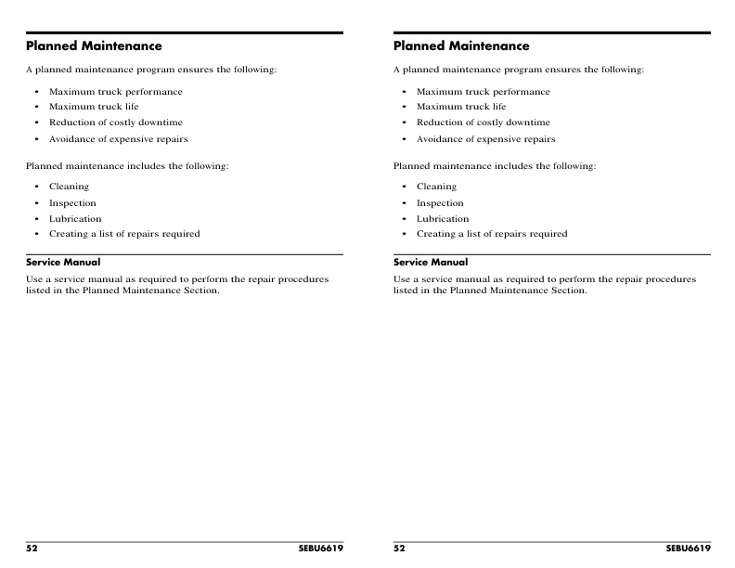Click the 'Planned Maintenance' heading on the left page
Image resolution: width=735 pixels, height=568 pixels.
coord(94,45)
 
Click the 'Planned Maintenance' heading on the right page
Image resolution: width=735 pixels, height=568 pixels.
coord(461,45)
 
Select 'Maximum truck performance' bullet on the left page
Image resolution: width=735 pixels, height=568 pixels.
coord(115,92)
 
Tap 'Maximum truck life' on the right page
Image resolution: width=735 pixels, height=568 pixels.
coord(461,107)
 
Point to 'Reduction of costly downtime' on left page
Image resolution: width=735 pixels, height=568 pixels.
coord(115,123)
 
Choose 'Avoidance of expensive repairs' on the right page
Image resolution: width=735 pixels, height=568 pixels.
coord(485,139)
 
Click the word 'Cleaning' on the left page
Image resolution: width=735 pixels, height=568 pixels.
coord(69,187)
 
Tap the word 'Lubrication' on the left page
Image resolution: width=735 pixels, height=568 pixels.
coord(75,219)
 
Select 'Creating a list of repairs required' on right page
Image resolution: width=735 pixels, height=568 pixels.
coord(491,234)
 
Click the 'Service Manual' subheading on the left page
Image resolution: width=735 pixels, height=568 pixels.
coord(63,263)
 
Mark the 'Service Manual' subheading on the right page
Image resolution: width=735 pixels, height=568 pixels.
coord(431,263)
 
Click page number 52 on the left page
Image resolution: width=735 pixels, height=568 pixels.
coord(32,549)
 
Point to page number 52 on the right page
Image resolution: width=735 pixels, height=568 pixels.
coord(399,549)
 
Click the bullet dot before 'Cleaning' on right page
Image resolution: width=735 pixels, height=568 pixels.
coord(405,187)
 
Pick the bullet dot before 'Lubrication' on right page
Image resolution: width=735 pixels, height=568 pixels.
coord(405,219)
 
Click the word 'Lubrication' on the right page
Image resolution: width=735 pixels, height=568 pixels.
coord(443,219)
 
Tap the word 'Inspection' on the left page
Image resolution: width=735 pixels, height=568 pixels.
coord(72,203)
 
